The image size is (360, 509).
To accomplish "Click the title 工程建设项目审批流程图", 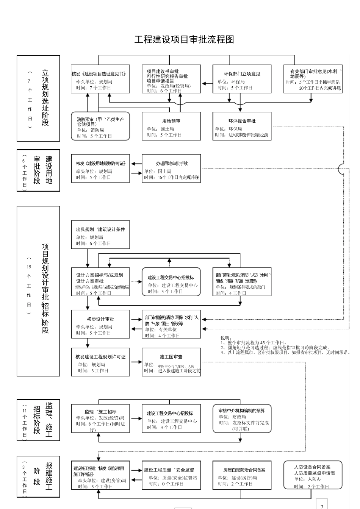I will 184,39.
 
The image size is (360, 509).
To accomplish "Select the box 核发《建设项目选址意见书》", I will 100,79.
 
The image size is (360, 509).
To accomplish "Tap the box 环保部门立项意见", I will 242,79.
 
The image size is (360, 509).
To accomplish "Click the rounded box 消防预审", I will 100,126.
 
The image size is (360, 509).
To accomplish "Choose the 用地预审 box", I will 171,126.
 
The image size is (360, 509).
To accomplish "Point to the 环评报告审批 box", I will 242,126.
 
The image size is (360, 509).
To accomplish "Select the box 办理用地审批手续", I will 171,169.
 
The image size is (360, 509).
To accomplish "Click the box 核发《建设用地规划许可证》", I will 100,169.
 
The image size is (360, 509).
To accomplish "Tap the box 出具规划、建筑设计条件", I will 100,235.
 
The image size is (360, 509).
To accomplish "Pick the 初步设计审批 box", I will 100,324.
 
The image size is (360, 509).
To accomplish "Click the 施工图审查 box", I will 171,362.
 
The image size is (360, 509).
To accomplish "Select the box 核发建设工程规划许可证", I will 100,362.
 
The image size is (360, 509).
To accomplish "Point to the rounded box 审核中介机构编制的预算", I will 242,418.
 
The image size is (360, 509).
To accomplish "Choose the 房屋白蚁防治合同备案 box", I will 242,475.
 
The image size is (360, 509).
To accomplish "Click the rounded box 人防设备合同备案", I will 313,475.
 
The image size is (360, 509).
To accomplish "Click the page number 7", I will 322,506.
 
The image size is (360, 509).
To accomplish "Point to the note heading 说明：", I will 226,338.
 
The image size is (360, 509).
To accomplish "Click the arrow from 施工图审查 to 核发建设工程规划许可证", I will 136,362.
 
